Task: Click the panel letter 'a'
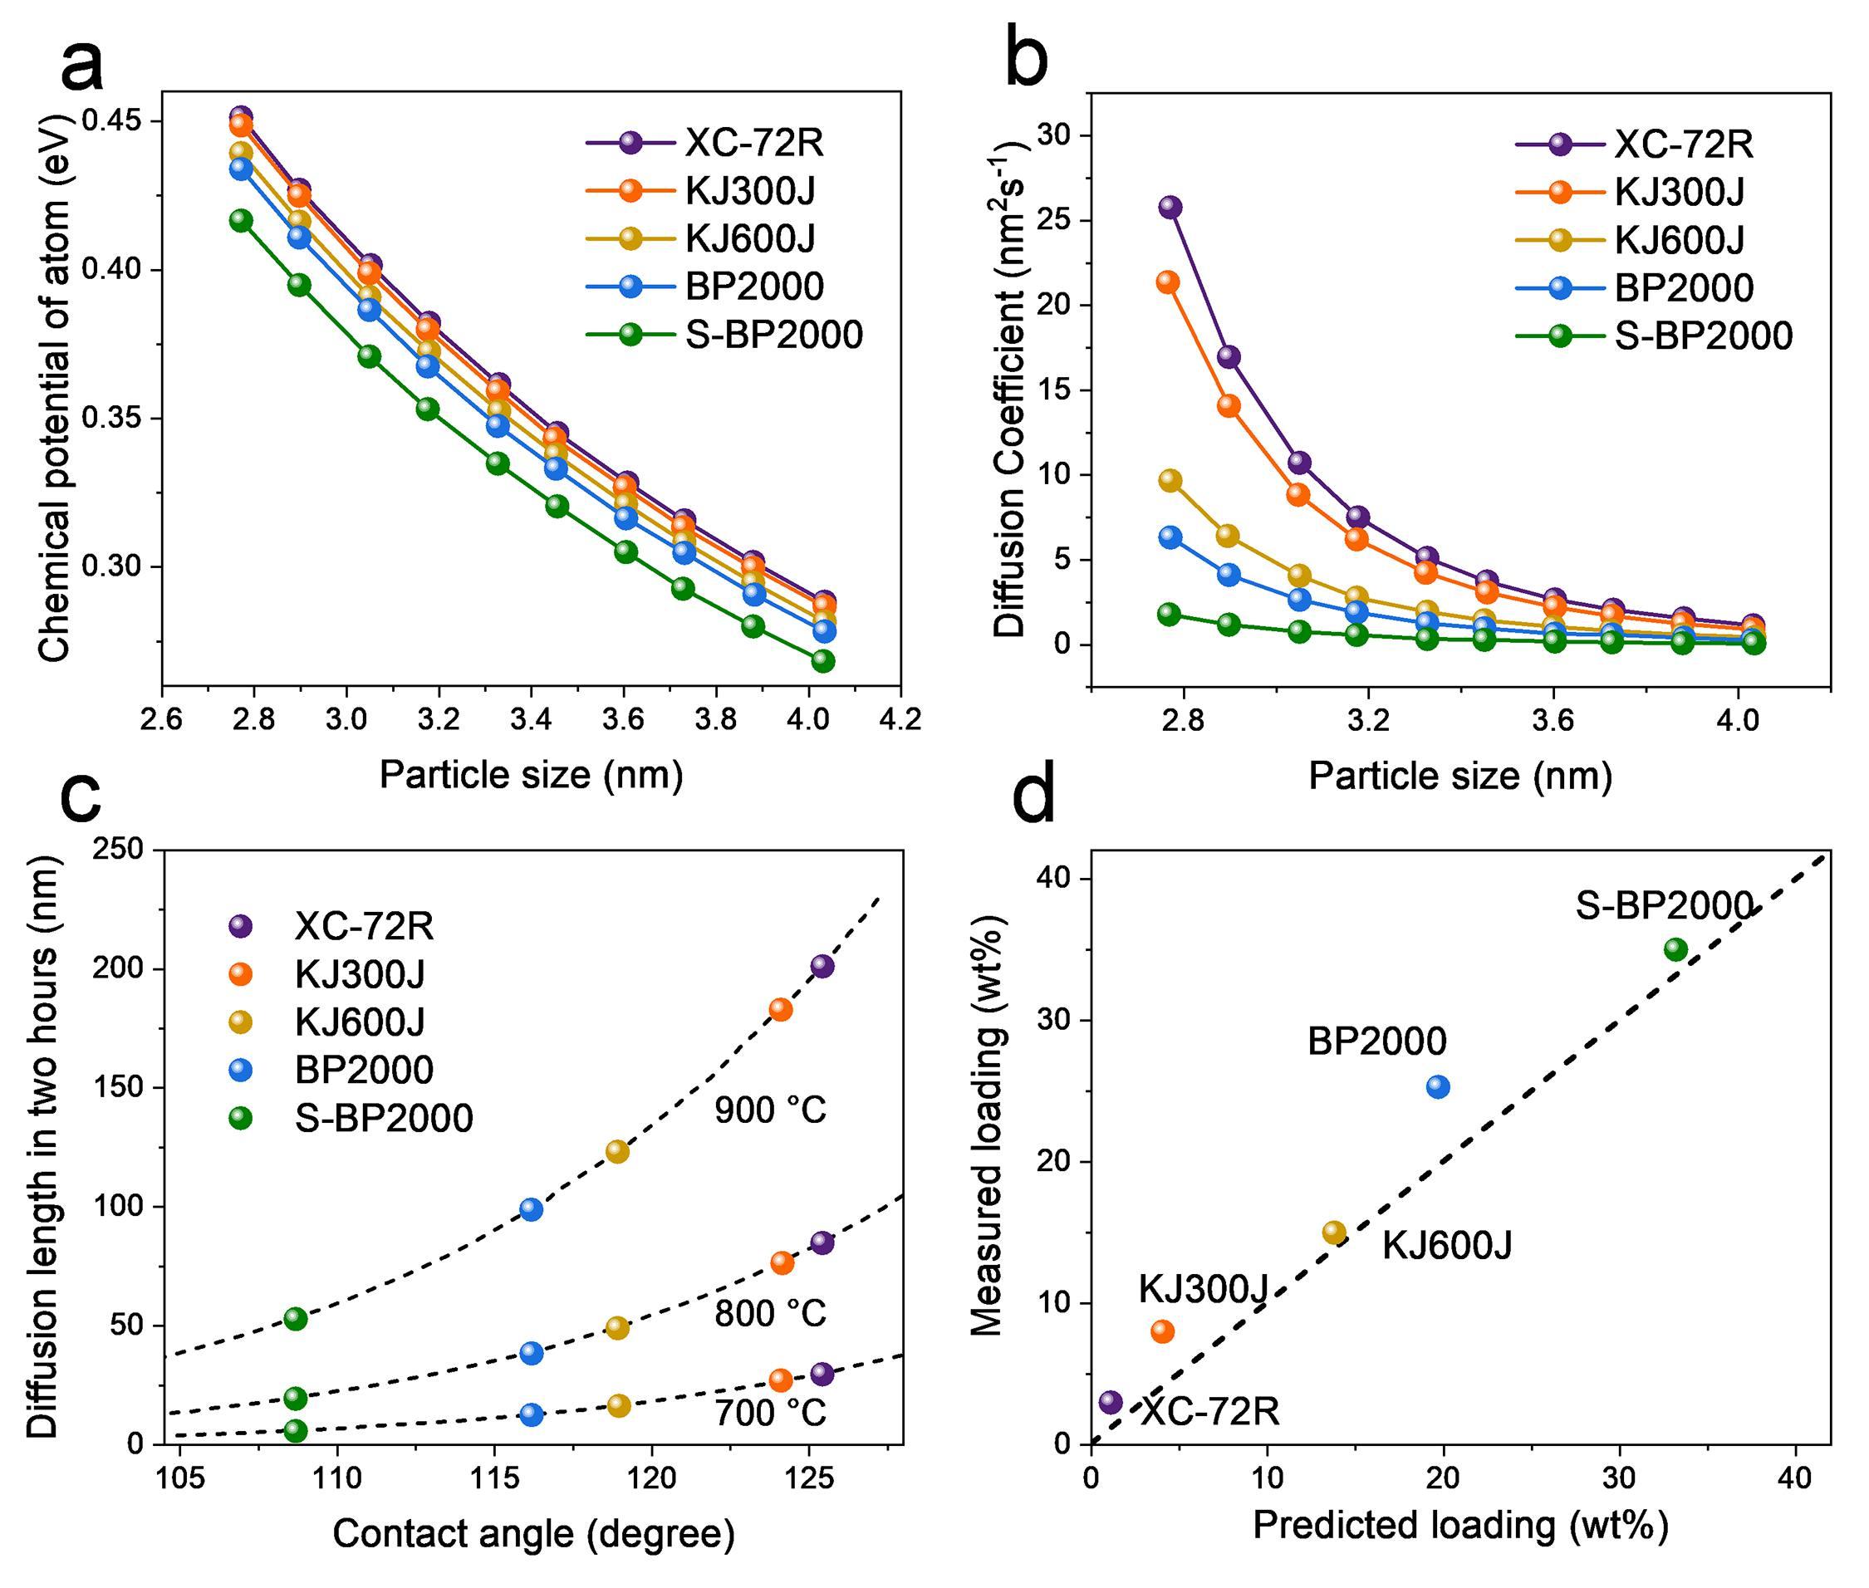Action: (83, 65)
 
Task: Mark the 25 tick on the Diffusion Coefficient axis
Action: (1063, 221)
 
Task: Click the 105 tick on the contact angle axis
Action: (180, 1478)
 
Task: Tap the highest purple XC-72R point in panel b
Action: (1170, 207)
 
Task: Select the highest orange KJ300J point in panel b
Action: (1168, 282)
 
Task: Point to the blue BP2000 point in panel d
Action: (1438, 1086)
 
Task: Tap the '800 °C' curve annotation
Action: (771, 1314)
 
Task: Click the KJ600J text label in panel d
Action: (1447, 1245)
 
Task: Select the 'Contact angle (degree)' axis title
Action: (534, 1533)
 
